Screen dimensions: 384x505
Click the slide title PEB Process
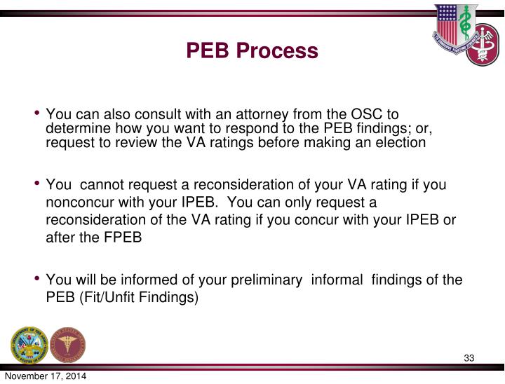point(252,51)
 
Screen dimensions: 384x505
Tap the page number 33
point(469,359)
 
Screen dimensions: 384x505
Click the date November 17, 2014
point(43,377)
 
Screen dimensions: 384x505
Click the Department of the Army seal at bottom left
point(29,345)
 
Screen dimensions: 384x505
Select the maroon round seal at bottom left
point(68,345)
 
